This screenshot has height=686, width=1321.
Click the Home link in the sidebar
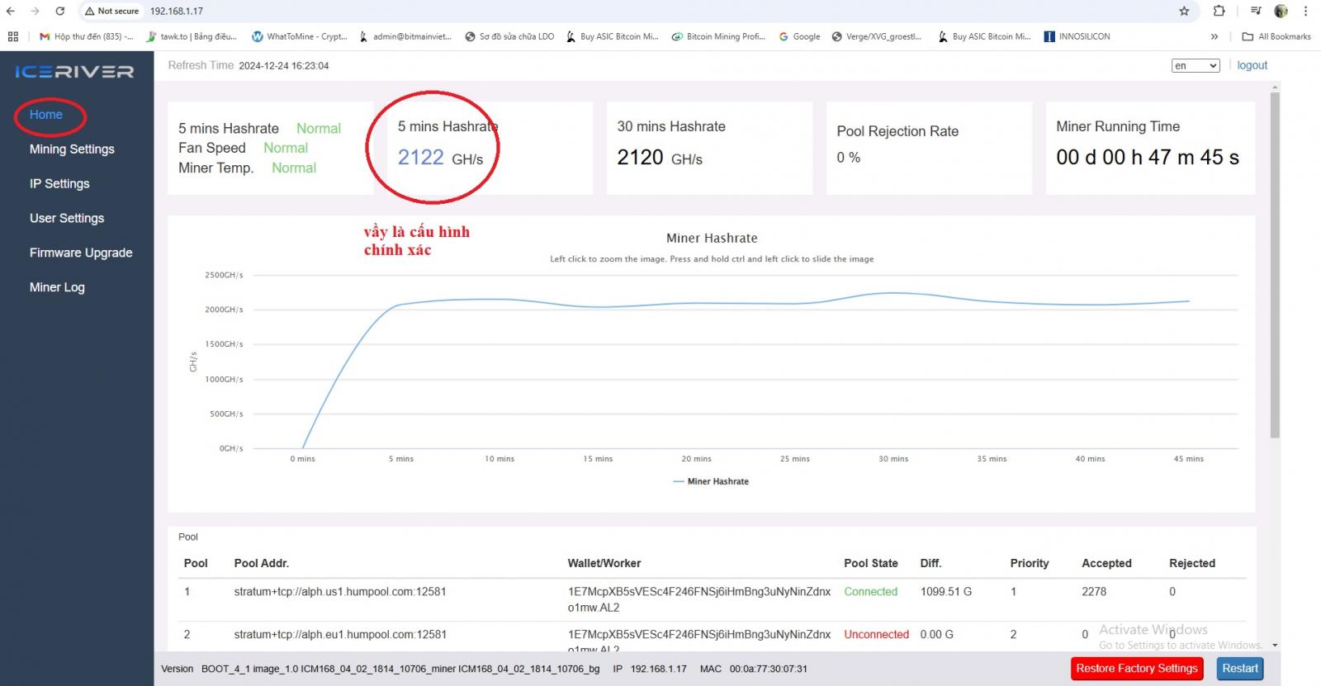tap(46, 115)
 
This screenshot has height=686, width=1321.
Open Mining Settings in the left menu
tap(72, 149)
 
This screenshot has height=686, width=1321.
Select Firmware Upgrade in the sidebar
tap(81, 253)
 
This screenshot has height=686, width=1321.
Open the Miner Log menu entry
tap(57, 287)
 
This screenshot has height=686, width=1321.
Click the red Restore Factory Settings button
tap(1136, 669)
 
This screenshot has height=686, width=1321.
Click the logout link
tap(1252, 65)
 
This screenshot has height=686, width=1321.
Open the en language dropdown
tap(1196, 65)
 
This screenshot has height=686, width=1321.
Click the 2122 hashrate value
tap(420, 158)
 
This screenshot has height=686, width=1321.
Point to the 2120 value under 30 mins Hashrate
tap(640, 158)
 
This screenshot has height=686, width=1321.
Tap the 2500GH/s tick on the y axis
tap(224, 275)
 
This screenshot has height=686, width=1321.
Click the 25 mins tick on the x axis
tap(794, 459)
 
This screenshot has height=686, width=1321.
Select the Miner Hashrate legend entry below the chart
tap(711, 481)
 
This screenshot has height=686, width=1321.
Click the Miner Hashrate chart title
tap(712, 239)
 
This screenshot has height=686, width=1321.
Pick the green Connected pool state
tap(870, 592)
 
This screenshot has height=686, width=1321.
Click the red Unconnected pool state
tap(876, 635)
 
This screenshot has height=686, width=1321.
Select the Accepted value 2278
tap(1094, 592)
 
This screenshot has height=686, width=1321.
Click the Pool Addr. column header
tap(261, 563)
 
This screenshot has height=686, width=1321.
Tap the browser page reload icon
tap(59, 12)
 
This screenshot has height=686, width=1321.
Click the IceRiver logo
tap(75, 71)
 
